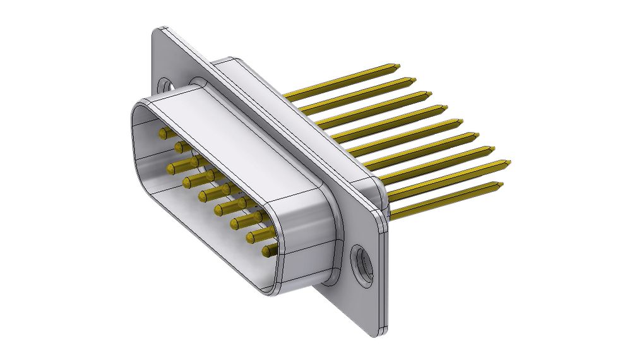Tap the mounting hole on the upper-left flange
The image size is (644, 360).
click(167, 85)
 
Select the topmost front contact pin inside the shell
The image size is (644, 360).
click(164, 133)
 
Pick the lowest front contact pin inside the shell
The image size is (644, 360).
click(268, 251)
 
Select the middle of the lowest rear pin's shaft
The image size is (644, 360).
click(445, 199)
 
